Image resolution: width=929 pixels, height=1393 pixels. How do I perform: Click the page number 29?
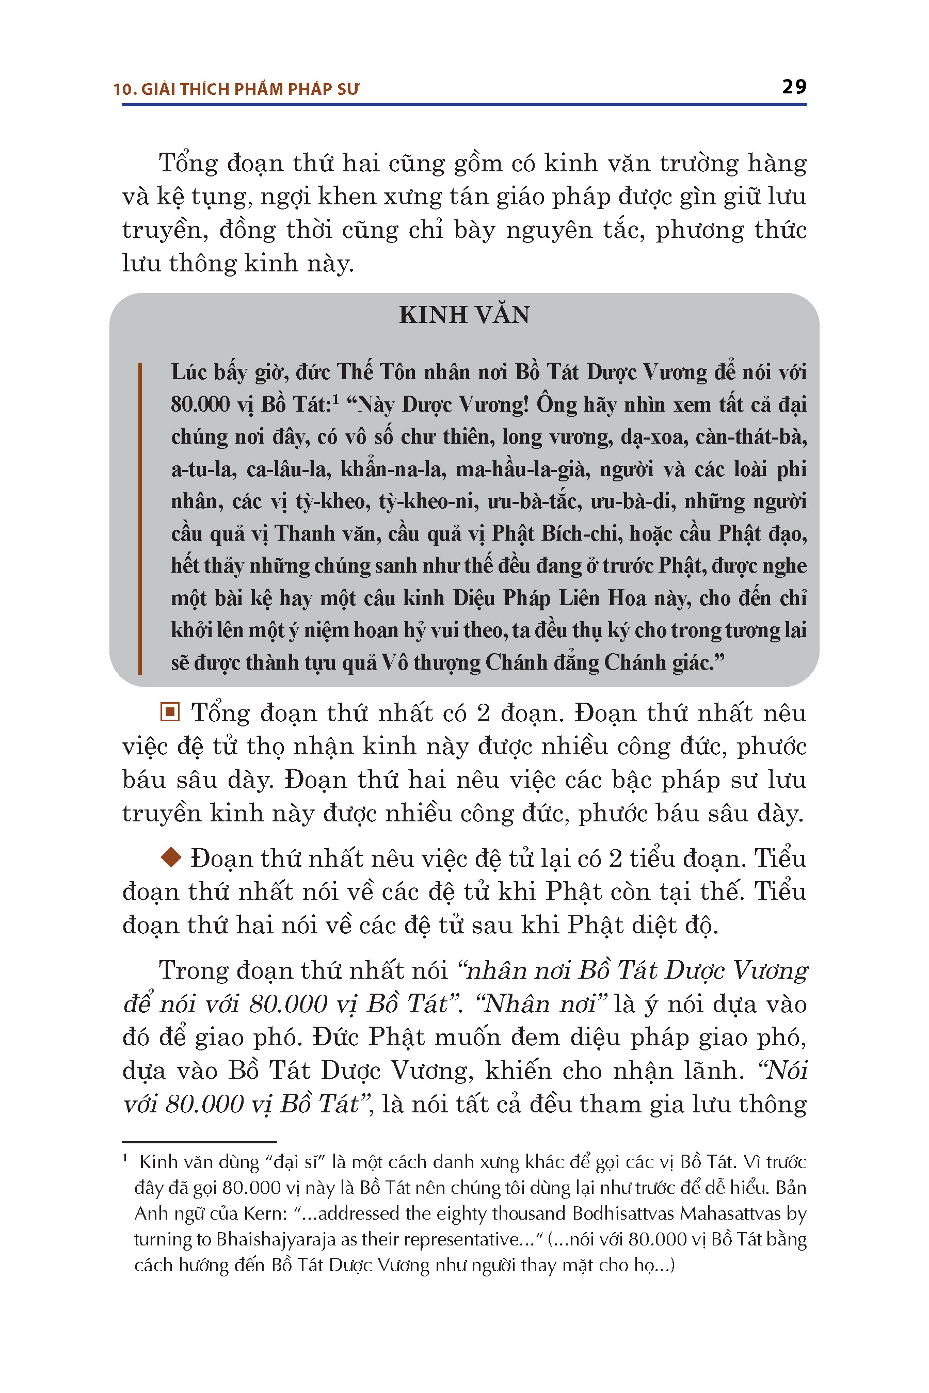pos(794,87)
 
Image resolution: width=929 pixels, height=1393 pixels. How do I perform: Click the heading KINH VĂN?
pos(464,315)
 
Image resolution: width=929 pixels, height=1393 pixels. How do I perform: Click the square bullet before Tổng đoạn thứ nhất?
pos(170,712)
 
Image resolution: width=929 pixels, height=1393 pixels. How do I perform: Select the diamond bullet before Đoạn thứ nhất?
pos(171,857)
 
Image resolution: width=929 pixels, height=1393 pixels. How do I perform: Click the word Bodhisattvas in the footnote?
pos(623,1213)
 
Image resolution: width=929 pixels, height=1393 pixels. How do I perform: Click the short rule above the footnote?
pos(199,1142)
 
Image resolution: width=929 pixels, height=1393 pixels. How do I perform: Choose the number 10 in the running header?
pos(123,89)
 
